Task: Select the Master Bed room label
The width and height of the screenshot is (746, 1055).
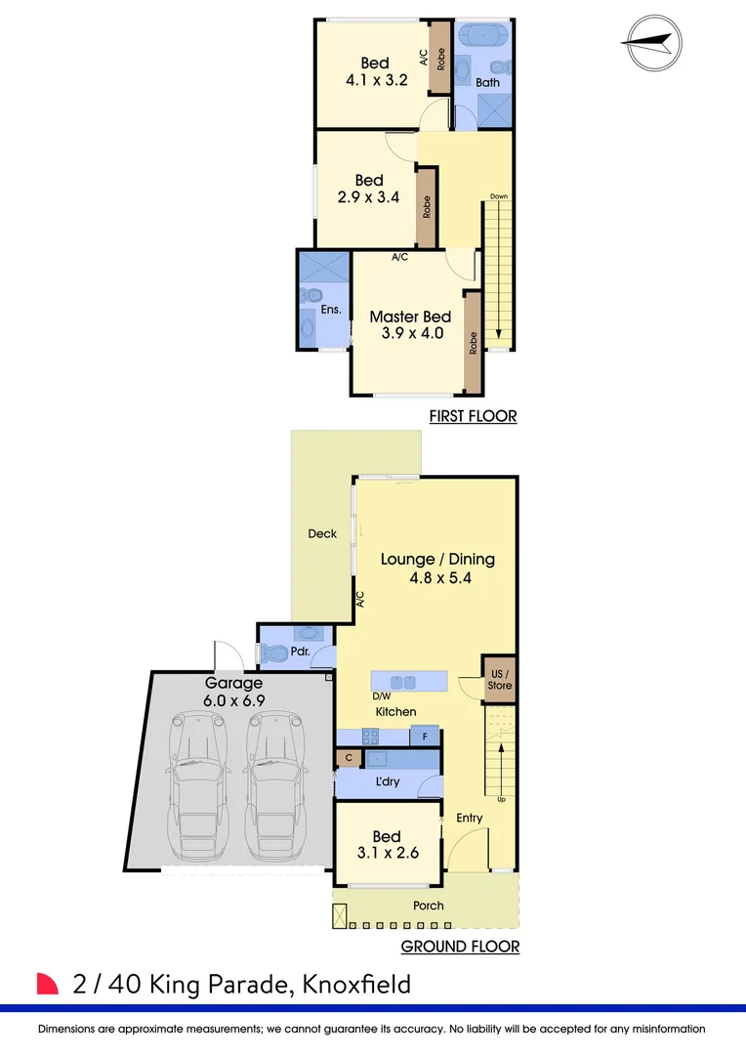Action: [410, 316]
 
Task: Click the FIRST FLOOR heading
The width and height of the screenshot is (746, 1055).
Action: [473, 417]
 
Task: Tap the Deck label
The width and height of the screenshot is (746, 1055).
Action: [322, 533]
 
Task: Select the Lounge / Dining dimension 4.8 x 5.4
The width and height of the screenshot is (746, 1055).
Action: [437, 578]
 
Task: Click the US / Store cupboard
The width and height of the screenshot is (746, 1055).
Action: [499, 680]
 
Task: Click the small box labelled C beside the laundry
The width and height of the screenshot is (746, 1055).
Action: [348, 758]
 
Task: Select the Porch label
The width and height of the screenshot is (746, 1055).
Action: [428, 906]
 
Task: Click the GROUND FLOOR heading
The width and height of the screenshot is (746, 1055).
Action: [460, 947]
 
